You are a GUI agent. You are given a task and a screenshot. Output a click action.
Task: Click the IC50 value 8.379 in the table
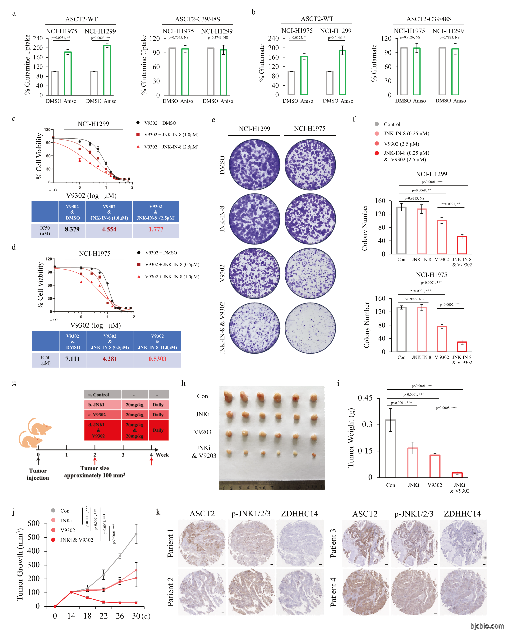72,230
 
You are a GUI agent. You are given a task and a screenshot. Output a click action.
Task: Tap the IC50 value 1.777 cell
156,230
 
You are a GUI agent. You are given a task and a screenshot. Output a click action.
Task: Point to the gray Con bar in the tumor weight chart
391,448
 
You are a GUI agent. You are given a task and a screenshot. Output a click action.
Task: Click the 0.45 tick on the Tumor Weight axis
365,398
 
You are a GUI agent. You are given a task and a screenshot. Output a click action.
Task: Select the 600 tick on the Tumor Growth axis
33,523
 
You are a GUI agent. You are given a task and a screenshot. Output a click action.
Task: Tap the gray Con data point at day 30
136,534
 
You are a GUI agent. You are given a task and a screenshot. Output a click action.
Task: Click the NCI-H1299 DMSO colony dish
254,165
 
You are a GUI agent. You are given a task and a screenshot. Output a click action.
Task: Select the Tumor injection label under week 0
38,474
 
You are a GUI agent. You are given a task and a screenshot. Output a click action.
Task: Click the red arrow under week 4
151,462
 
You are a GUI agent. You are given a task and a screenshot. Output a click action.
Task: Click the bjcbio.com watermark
487,626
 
